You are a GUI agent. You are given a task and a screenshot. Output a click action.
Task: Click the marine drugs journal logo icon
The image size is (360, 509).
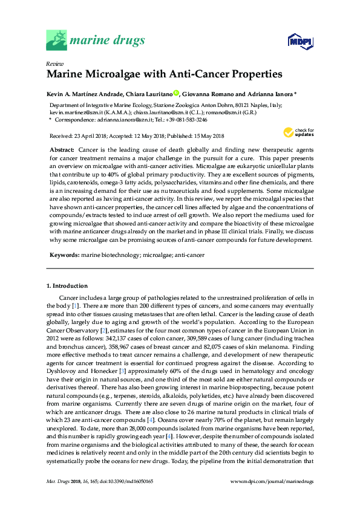point(57,41)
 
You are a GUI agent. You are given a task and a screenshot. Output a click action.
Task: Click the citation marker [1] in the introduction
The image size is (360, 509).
point(75,306)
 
